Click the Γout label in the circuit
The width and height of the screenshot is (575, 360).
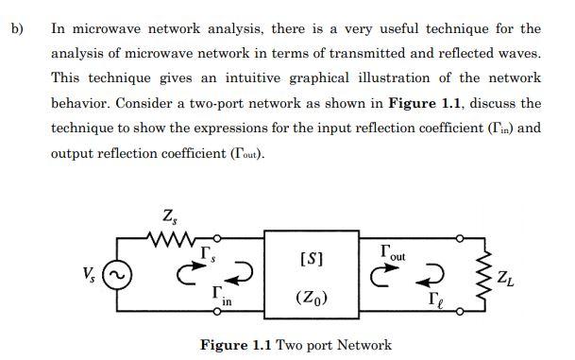point(390,251)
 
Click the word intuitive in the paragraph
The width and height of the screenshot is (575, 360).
point(254,77)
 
